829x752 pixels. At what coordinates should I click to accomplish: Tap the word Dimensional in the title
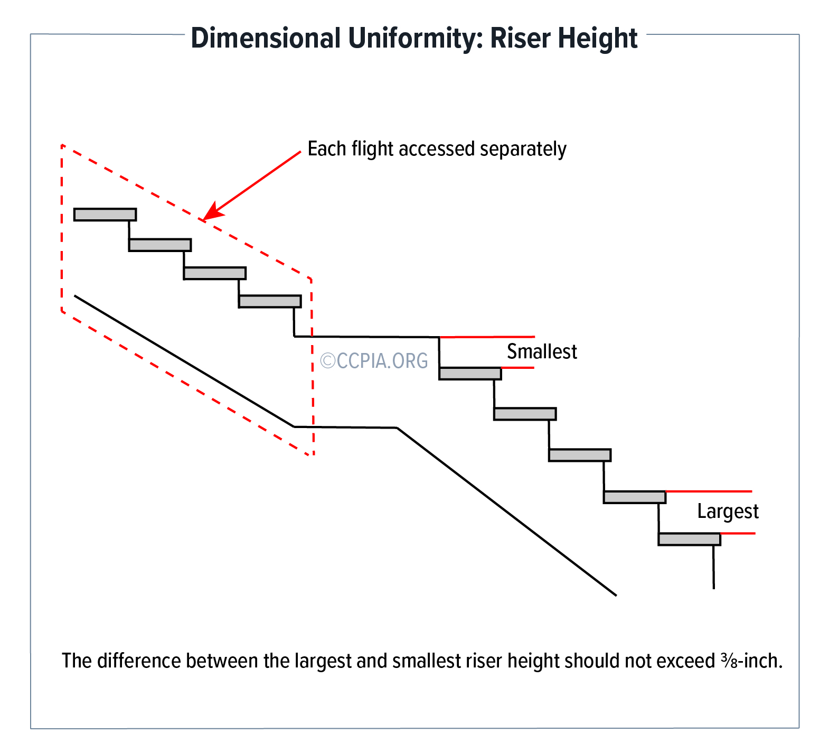[266, 38]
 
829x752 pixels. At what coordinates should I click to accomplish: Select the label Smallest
[542, 351]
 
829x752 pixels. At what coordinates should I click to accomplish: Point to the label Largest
[728, 512]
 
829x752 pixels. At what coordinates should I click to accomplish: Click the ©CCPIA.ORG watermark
[374, 360]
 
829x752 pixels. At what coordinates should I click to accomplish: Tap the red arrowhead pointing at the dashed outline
[210, 212]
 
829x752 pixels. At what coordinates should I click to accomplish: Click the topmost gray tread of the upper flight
[105, 215]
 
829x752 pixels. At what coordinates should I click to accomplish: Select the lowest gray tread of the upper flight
[270, 301]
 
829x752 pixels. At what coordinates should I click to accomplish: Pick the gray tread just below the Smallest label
[470, 374]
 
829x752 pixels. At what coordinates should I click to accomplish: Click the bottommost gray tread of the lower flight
[689, 539]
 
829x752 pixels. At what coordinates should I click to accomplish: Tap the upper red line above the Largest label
[709, 491]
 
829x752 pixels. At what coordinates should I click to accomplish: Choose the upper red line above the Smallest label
[486, 337]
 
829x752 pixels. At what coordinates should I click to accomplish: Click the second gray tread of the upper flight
[160, 245]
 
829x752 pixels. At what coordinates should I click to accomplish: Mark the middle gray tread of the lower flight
[580, 455]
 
